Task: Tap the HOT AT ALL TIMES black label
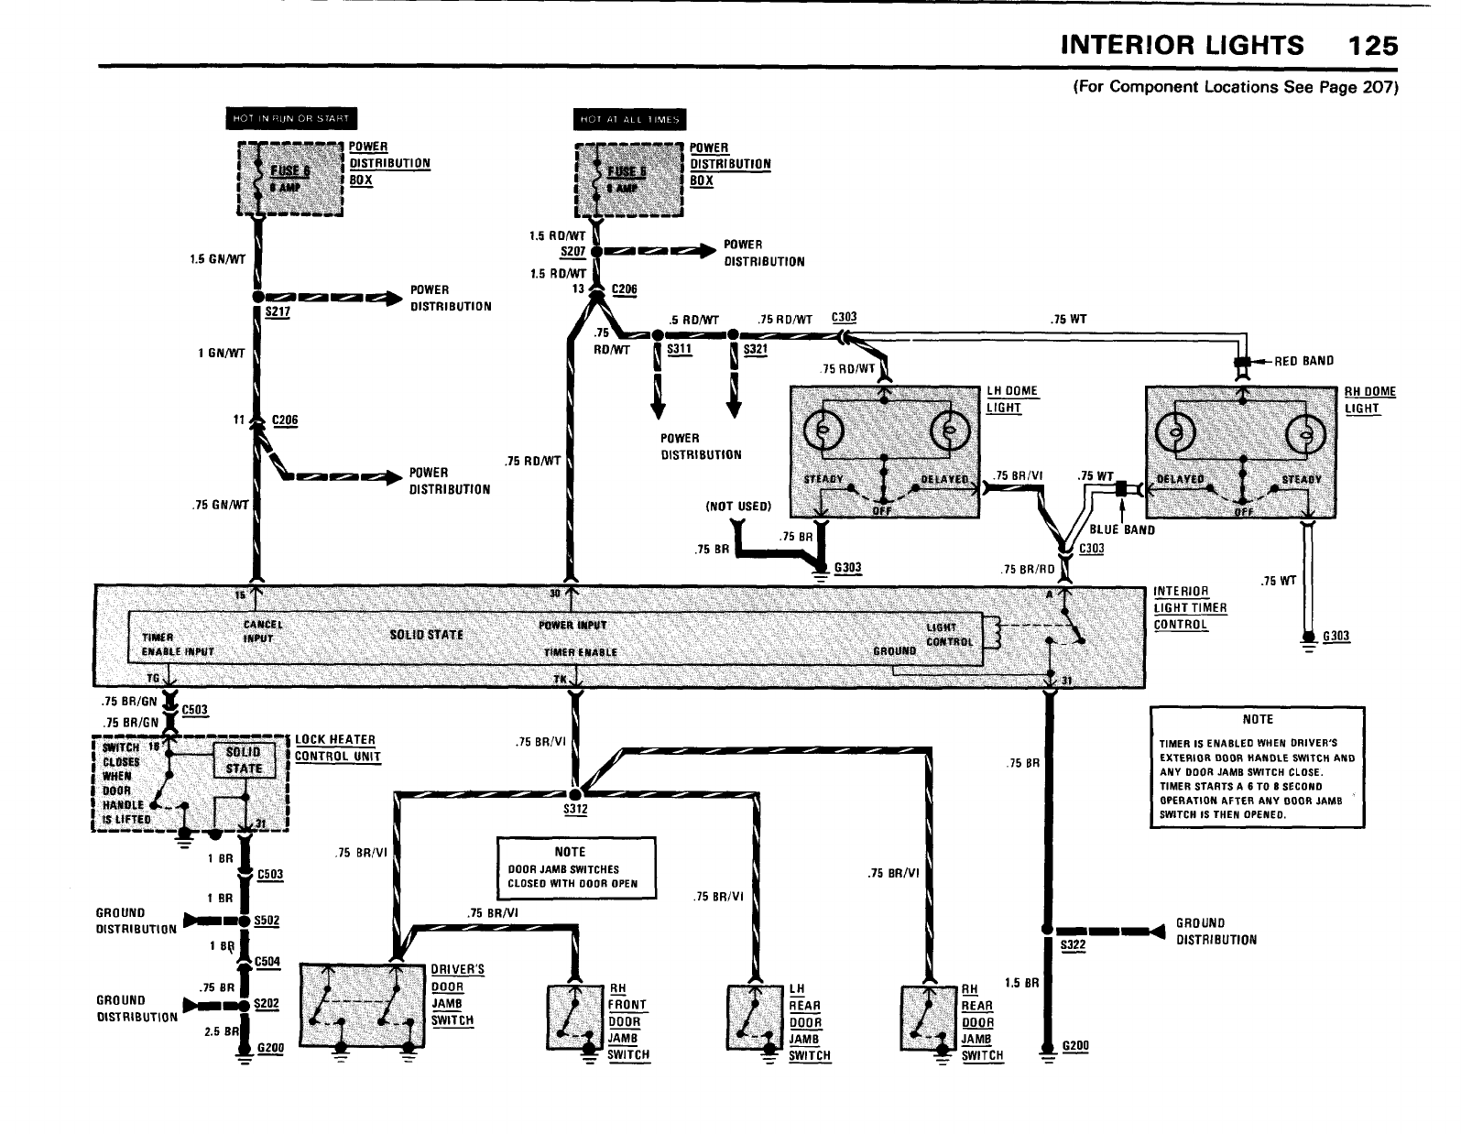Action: [x=629, y=119]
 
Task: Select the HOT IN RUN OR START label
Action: [x=291, y=119]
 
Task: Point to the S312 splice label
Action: [x=575, y=810]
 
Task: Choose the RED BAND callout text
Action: [x=1304, y=361]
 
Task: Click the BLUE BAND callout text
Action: [x=1122, y=529]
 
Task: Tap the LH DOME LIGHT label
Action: [x=1011, y=399]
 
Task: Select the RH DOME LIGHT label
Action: [x=1369, y=399]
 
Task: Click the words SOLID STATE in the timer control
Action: [x=427, y=635]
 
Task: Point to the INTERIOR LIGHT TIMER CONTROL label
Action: [x=1190, y=607]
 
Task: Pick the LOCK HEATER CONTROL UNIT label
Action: [x=336, y=747]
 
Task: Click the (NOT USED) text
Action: [x=738, y=506]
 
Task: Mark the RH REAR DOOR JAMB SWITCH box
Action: [x=929, y=1017]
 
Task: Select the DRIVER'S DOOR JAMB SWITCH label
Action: [x=457, y=995]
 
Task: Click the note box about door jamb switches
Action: [x=576, y=867]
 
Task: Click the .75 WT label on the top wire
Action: [x=1068, y=320]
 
